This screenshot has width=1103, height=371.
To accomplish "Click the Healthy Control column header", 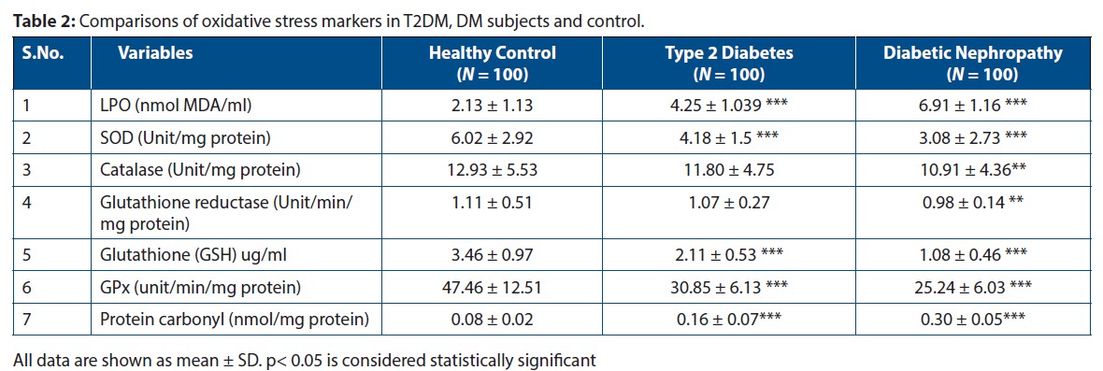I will [492, 63].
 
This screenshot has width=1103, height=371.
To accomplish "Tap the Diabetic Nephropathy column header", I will [972, 63].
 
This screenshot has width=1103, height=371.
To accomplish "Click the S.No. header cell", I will [43, 53].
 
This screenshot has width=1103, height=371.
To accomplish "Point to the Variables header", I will [155, 53].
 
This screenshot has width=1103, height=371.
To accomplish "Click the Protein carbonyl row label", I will [235, 320].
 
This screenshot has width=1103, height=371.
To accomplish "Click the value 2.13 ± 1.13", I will [492, 105].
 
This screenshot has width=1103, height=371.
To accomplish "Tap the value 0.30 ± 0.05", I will [972, 320].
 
